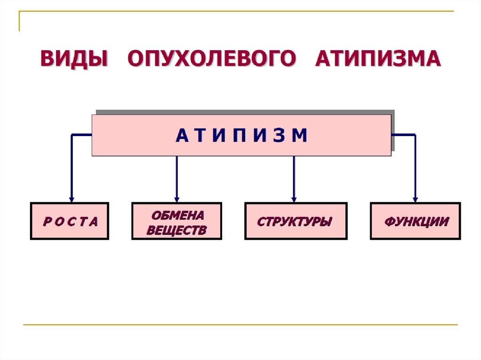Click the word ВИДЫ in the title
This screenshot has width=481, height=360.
pos(74,59)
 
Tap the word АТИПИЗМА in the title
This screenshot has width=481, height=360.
pos(378,59)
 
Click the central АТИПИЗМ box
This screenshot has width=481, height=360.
pos(241,135)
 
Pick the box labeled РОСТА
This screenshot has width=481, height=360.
pos(70,221)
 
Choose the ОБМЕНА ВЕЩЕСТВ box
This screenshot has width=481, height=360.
pos(177,221)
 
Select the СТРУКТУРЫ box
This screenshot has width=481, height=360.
pos(295,221)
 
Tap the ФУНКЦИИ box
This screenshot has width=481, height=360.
pos(415,221)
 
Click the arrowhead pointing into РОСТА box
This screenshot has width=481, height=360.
pos(71,198)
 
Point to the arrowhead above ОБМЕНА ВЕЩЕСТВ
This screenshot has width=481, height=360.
pos(177,198)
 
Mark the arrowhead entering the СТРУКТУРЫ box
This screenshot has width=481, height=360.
pos(294,198)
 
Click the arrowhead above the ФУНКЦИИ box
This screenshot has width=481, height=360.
pos(415,198)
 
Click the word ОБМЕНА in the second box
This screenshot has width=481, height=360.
pos(178,215)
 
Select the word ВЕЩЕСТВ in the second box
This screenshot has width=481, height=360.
pos(177,230)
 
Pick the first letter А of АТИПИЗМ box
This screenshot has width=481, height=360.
pos(181,136)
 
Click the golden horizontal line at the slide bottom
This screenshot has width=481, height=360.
pos(240,324)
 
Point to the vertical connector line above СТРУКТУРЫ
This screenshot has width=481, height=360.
pos(294,176)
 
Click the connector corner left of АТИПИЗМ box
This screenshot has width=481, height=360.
pos(72,135)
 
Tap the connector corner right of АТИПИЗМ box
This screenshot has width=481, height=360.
pos(415,135)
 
